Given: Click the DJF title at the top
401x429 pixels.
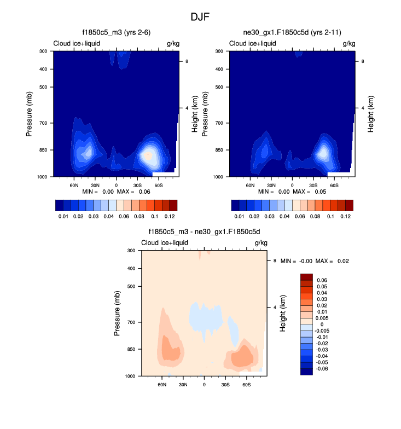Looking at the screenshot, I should [200, 17].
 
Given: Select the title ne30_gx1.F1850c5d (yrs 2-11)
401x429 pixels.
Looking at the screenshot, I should [293, 33].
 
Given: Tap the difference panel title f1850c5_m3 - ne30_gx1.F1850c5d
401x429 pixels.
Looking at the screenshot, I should [204, 232].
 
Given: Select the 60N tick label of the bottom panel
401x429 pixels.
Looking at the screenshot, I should [162, 385].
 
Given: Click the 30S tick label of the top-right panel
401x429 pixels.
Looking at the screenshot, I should [313, 185].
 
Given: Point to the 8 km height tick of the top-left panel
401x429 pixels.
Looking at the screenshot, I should [187, 61].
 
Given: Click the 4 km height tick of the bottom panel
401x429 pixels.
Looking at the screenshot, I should [275, 308].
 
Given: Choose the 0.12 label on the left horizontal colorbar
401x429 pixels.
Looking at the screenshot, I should [170, 217].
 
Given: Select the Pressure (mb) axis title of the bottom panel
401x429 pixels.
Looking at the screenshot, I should [118, 313].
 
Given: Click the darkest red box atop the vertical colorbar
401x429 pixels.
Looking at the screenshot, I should [306, 277].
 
